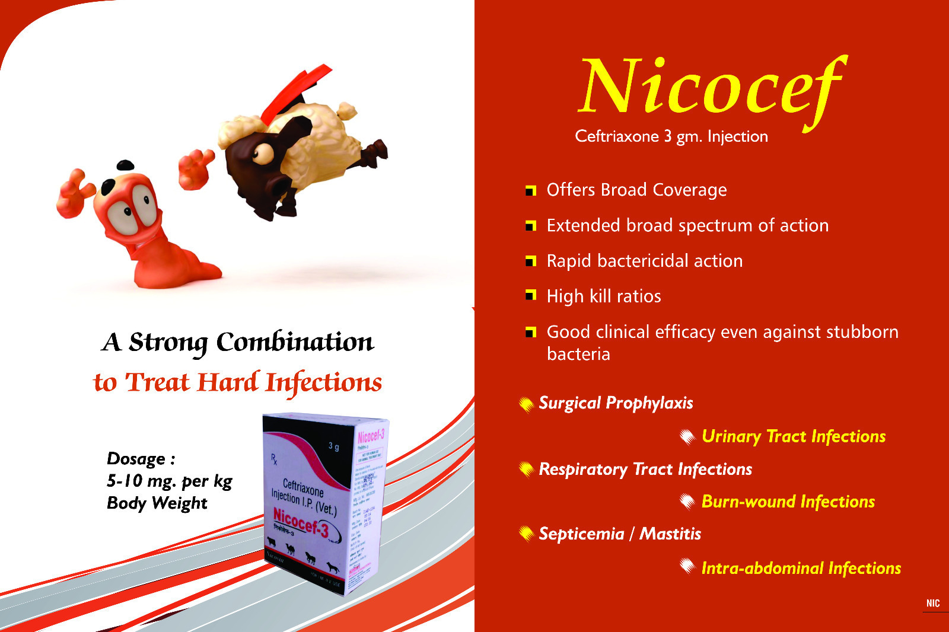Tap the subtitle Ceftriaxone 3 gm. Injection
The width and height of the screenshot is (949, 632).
coord(671,136)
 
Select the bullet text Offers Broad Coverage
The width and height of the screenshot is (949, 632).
coord(636,190)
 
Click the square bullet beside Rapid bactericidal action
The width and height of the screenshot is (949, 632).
coord(530,261)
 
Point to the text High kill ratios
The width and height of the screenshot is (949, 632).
coord(603,296)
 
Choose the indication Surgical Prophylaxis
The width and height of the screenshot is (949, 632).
coord(615,403)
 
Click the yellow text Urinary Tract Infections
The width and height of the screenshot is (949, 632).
coord(793,436)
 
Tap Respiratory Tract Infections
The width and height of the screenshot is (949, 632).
coord(645,470)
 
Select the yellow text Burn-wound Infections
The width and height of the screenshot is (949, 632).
coord(788,502)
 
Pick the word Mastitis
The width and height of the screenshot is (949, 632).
coord(670,534)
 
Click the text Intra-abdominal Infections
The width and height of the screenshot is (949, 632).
coord(801,568)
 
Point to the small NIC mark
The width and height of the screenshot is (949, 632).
coord(933,604)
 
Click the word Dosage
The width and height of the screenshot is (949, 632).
coord(137,459)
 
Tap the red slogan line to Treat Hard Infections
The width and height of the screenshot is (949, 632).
coord(237,382)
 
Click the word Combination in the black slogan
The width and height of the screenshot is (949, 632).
coord(295,342)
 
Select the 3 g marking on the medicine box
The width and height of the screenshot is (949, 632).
coord(334,446)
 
